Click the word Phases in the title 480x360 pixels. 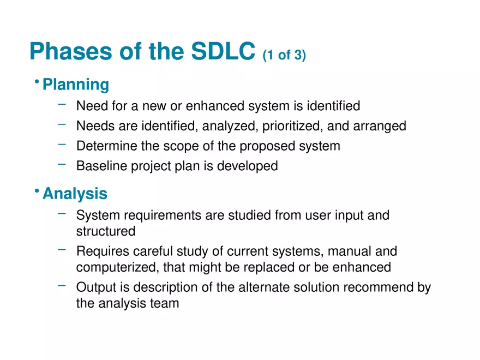[70, 51]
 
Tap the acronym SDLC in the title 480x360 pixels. [223, 51]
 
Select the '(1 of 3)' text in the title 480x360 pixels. [284, 55]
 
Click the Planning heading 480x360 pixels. [76, 85]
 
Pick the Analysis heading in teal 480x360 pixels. [75, 194]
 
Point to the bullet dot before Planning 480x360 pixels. [36, 82]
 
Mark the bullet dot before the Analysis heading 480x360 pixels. [36, 191]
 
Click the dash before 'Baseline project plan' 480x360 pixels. [62, 163]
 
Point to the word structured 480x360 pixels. [106, 231]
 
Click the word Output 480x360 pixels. [94, 287]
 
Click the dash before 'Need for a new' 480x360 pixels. [62, 103]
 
